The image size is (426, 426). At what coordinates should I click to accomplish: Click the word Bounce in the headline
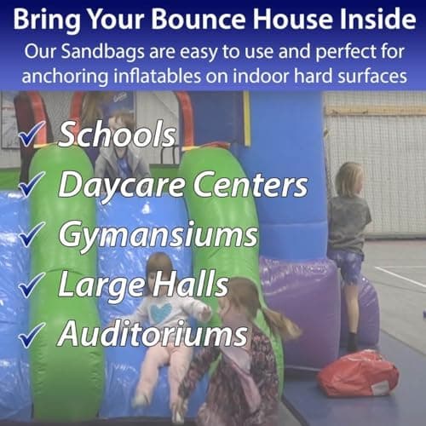click(x=199, y=20)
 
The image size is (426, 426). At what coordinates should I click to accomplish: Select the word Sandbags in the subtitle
click(x=102, y=53)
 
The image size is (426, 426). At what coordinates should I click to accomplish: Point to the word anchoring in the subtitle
click(x=65, y=77)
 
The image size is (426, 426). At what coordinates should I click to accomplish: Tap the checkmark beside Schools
click(x=32, y=134)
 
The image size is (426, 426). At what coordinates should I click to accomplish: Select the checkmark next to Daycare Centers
click(x=32, y=184)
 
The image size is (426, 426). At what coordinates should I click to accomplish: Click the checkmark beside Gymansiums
click(x=32, y=234)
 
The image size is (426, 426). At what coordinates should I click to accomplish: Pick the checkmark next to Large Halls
click(x=32, y=285)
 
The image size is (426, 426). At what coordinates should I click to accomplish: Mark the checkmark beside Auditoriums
click(x=32, y=335)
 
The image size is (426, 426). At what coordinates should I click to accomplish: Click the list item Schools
click(x=117, y=134)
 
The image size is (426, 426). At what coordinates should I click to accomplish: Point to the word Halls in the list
click(x=190, y=285)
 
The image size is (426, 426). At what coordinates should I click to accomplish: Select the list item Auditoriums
click(x=153, y=334)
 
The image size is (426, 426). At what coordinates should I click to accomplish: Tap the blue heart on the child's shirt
click(x=161, y=313)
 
